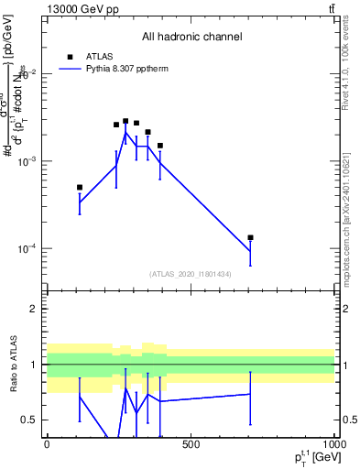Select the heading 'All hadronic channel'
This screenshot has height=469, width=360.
click(x=191, y=37)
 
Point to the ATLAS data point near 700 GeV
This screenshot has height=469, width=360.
click(x=250, y=237)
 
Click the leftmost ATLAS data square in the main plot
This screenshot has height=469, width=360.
click(x=80, y=187)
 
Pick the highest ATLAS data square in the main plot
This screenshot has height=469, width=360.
click(x=125, y=121)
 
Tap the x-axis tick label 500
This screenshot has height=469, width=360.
click(x=191, y=444)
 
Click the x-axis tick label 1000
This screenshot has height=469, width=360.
click(x=333, y=444)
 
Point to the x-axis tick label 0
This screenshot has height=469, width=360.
click(x=47, y=444)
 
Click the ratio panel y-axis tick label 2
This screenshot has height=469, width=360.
click(x=33, y=309)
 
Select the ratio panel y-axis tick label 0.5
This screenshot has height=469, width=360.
click(x=29, y=420)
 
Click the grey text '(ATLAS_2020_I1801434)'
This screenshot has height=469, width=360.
click(x=191, y=274)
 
